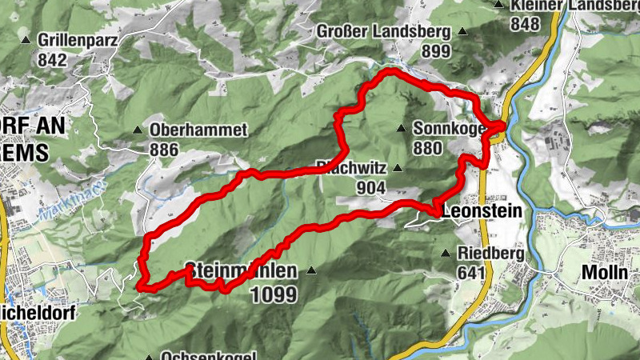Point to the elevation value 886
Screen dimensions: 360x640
click(164, 149)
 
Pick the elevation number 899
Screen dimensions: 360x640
click(437, 51)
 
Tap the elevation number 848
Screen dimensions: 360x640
click(526, 24)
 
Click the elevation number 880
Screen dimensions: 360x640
click(429, 148)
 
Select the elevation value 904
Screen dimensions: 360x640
click(373, 188)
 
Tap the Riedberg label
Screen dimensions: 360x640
click(490, 254)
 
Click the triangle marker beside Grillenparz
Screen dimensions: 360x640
click(26, 38)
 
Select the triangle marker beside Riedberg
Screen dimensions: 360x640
click(446, 254)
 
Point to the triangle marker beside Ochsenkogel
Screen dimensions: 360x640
click(148, 356)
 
